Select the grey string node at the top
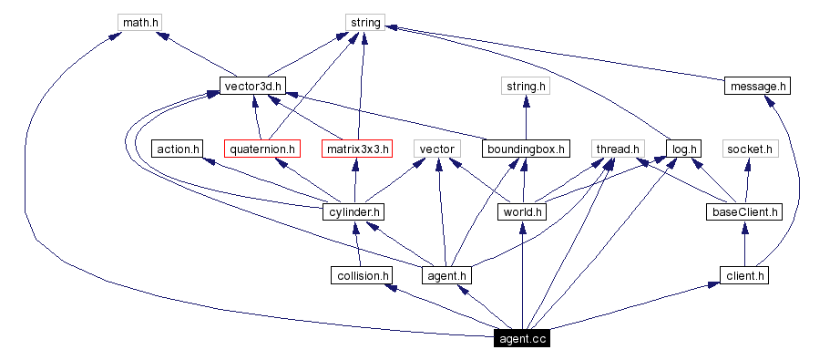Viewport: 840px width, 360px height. click(x=364, y=21)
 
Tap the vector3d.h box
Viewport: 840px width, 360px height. click(x=253, y=87)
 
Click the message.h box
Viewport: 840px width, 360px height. click(x=757, y=87)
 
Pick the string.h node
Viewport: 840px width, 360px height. click(x=526, y=87)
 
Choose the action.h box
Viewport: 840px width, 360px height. click(x=179, y=149)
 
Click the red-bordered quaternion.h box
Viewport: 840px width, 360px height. click(x=261, y=149)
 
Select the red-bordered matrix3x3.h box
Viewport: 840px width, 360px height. click(x=356, y=149)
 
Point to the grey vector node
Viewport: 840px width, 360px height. click(x=436, y=149)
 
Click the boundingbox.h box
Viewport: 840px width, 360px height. click(x=526, y=149)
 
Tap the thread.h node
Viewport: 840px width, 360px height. click(x=619, y=149)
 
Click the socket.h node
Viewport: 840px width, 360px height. click(x=750, y=149)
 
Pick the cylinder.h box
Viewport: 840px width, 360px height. click(x=353, y=212)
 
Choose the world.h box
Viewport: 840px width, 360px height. click(x=522, y=212)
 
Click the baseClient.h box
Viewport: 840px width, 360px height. click(x=744, y=212)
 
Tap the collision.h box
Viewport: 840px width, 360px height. click(x=362, y=274)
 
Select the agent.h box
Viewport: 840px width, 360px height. click(x=446, y=274)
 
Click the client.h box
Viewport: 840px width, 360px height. click(x=744, y=274)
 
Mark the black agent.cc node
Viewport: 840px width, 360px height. click(x=521, y=339)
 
